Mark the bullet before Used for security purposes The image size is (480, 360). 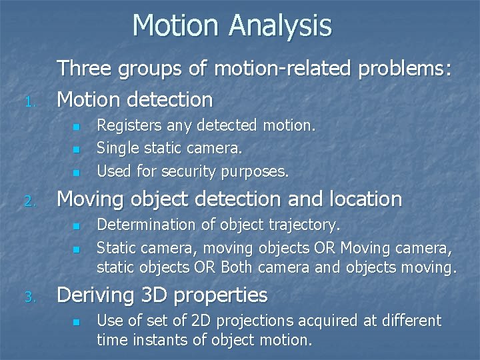76,173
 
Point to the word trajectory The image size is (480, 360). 306,225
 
